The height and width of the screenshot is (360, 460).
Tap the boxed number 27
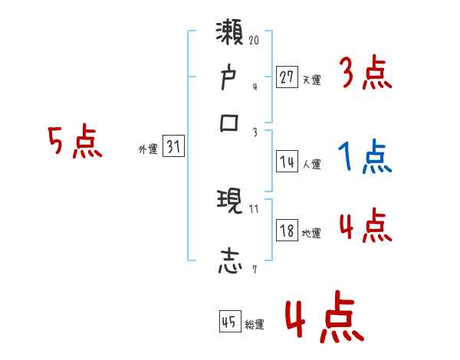click(287, 77)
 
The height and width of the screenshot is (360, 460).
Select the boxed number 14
click(287, 162)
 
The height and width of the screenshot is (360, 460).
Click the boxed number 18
click(287, 231)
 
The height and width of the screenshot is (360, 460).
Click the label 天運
click(311, 79)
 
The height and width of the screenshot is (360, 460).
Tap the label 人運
click(311, 164)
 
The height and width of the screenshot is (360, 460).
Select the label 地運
click(311, 233)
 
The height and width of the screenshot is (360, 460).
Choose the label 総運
click(255, 324)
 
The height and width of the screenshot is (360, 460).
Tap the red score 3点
click(365, 74)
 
